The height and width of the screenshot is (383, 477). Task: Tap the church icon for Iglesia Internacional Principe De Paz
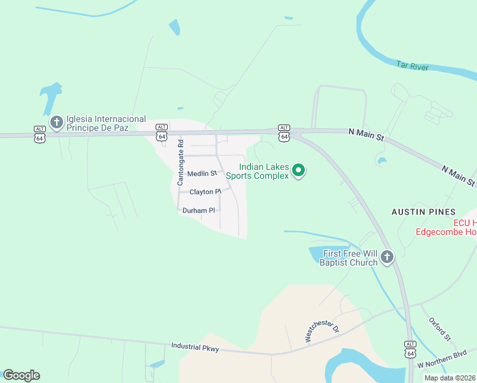[56, 121]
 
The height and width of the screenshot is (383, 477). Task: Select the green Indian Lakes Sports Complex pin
[298, 170]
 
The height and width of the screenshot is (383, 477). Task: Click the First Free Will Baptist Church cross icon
[386, 258]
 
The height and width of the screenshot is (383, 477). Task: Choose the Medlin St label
[202, 174]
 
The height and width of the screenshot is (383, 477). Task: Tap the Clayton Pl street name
[205, 191]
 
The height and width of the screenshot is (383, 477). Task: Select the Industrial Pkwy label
[195, 347]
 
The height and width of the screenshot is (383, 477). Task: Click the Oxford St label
[439, 328]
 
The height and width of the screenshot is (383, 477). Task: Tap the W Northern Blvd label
[443, 359]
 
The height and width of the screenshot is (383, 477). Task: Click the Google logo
[21, 375]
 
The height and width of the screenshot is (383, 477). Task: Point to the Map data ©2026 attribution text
[450, 378]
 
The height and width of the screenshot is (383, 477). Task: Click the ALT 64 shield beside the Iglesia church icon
[40, 134]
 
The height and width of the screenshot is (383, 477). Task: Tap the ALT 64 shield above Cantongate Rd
[162, 133]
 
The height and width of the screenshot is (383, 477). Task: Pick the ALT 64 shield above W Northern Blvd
[410, 349]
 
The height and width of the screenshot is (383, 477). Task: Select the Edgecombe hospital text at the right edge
[446, 228]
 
